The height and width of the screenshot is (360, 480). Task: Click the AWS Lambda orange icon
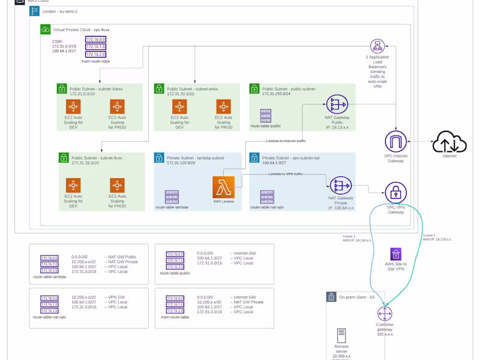coord(223,187)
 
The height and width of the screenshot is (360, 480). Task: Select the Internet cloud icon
coord(449,142)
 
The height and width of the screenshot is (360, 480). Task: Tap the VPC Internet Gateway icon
coord(396,142)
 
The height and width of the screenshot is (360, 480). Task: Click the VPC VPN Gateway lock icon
coord(396,193)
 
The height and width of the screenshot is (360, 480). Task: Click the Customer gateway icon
coord(385,313)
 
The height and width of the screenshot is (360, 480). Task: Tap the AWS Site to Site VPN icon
coord(396,254)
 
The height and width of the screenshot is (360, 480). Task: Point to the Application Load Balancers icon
coord(377,46)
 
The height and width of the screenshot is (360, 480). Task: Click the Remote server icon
coord(341,335)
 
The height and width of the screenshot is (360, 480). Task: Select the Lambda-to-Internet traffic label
coord(286,140)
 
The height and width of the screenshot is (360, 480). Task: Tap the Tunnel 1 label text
coord(349,236)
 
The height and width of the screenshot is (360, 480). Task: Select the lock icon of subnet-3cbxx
coord(62,89)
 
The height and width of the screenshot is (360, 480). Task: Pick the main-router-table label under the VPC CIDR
coord(95,61)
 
